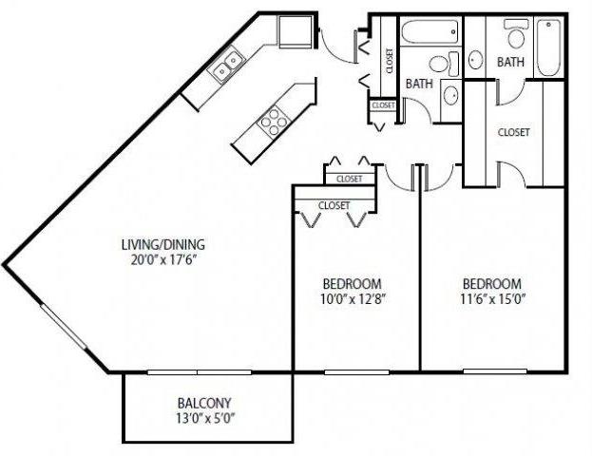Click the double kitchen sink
point(226,67)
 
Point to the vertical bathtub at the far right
point(549,48)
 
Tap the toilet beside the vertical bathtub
point(515,36)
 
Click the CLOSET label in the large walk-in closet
point(513,132)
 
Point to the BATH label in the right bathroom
point(510,63)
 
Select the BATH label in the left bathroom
point(419,84)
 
